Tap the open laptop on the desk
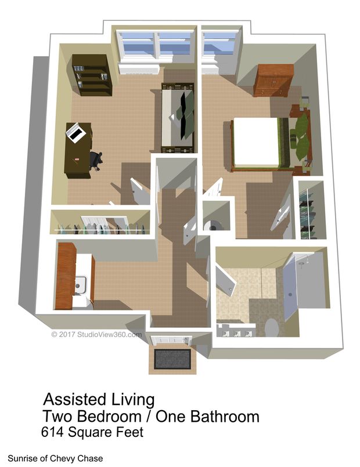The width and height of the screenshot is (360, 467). click(76, 132)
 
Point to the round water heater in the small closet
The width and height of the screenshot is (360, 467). click(214, 223)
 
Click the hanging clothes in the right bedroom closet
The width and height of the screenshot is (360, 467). click(309, 212)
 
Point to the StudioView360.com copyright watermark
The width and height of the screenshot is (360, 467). click(96, 334)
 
